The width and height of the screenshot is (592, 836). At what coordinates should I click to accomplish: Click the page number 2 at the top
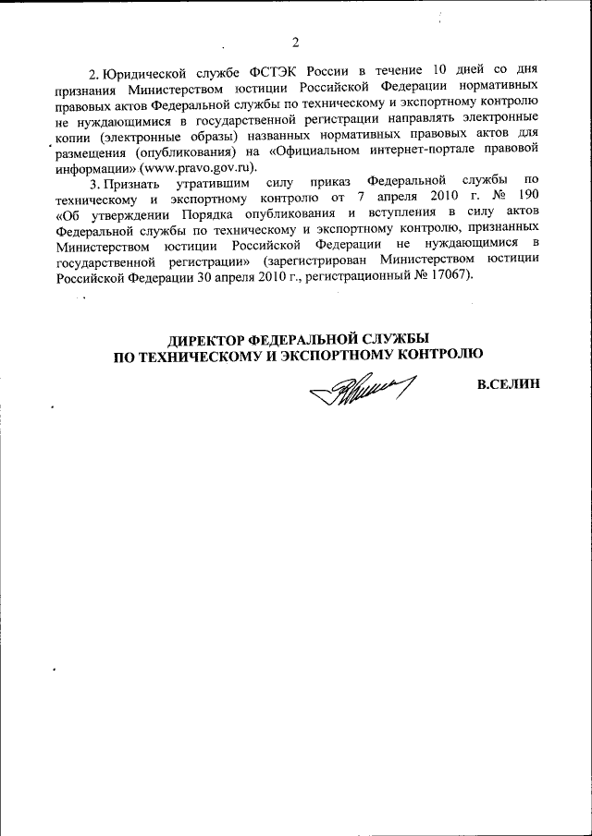click(x=295, y=42)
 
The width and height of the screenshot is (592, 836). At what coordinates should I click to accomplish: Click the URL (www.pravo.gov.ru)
click(x=197, y=167)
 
